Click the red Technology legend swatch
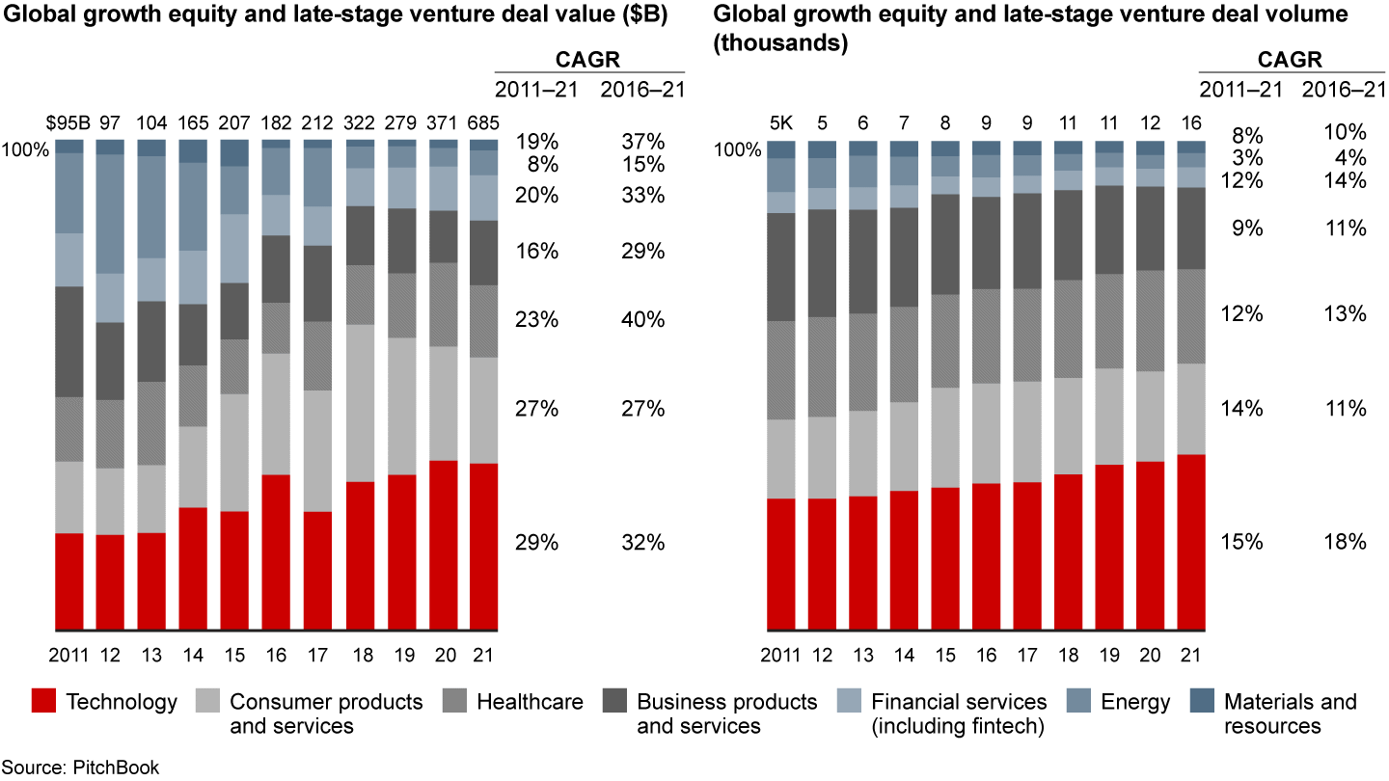click(42, 701)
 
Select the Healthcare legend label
click(529, 701)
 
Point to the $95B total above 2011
click(68, 124)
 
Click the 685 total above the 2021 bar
click(483, 124)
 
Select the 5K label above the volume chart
click(781, 124)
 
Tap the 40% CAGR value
click(642, 319)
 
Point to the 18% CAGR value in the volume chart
click(1344, 542)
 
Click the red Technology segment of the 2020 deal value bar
click(442, 546)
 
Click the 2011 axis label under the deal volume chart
click(780, 655)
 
